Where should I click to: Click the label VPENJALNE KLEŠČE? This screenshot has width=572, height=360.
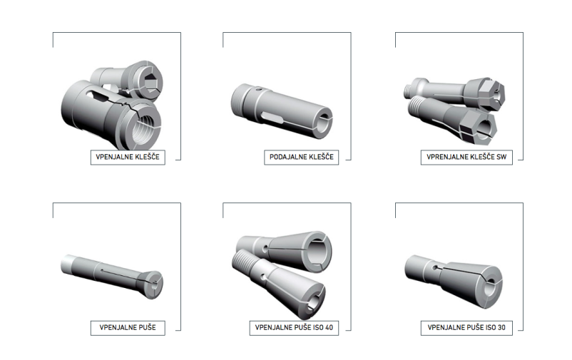coord(128,158)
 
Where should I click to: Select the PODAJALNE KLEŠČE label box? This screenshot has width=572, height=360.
coord(301,158)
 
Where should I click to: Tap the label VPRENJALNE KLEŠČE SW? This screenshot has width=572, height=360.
coord(466,158)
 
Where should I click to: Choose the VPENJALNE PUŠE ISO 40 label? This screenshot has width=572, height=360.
coord(294,327)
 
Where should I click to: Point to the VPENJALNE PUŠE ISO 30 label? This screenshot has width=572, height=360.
coord(466,327)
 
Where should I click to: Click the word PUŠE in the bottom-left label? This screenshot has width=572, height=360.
coord(148,327)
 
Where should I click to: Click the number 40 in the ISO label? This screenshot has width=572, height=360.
coord(329,327)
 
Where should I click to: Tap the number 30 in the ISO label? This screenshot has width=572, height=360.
coord(501,327)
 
